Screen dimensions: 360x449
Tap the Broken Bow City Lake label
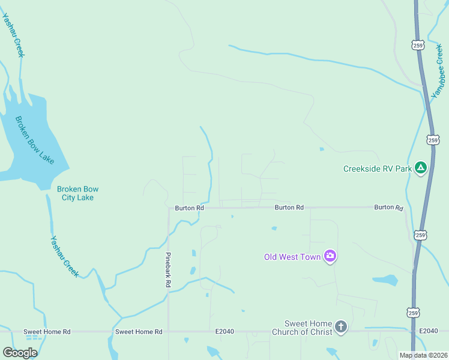[x=77, y=193]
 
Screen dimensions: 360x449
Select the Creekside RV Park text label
[x=378, y=169]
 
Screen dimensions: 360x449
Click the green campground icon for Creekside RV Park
[x=421, y=168]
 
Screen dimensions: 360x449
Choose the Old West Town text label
[x=292, y=257]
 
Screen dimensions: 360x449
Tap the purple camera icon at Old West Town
[x=330, y=256]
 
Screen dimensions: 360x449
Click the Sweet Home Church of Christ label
[x=301, y=328]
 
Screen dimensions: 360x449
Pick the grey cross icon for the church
[x=340, y=327]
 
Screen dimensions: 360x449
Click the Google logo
[x=20, y=353]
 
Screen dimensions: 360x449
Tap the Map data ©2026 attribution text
[x=423, y=355]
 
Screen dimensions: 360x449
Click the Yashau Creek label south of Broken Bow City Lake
[x=64, y=256]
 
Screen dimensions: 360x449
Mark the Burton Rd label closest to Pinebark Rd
[x=190, y=208]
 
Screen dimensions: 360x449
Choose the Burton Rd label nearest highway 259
[x=388, y=207]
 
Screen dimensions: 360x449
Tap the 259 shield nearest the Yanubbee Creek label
[x=418, y=45]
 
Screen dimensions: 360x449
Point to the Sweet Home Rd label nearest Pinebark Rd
[x=139, y=331]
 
